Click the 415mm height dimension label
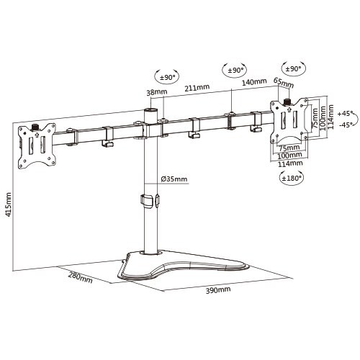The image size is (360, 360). (x=9, y=204)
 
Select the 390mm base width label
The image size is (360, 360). (x=218, y=290)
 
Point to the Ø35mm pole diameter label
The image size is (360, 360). (x=174, y=179)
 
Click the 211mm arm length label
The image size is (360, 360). (x=197, y=87)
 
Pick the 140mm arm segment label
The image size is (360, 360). (x=254, y=82)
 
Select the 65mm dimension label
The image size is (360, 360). (x=284, y=83)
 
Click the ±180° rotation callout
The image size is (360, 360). (x=292, y=178)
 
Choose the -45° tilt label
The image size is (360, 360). (x=346, y=125)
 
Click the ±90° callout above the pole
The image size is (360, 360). (x=166, y=77)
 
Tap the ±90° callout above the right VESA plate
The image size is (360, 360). (x=293, y=69)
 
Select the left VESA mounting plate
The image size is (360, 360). (x=37, y=145)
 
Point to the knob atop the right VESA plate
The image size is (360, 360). (x=287, y=102)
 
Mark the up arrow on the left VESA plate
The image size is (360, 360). (x=37, y=135)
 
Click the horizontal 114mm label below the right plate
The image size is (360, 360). (x=290, y=164)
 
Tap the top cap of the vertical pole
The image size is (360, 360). (x=150, y=111)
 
